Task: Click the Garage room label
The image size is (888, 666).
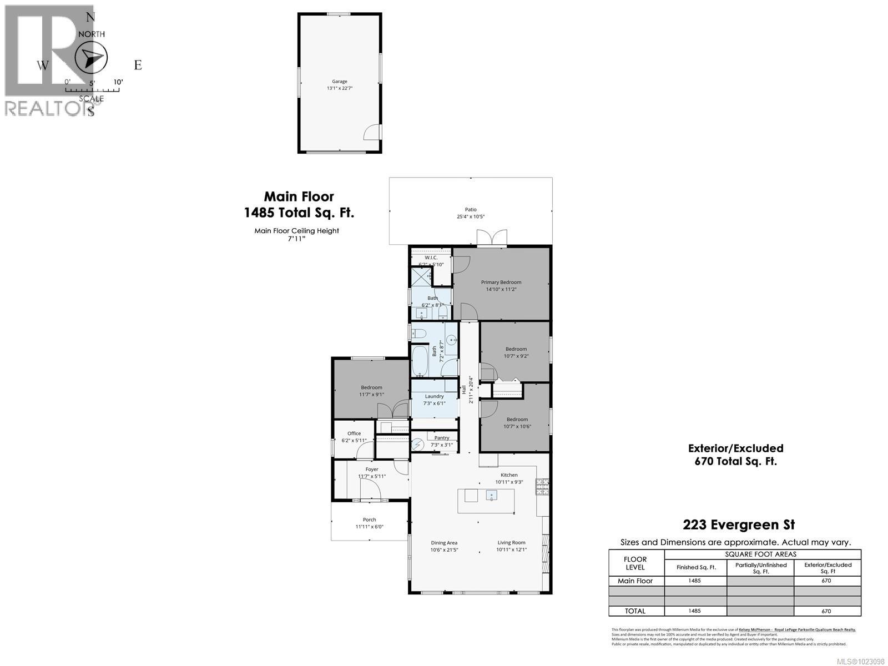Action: pos(340,82)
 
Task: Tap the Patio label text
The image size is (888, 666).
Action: pos(471,209)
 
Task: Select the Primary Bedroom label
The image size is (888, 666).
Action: pos(501,282)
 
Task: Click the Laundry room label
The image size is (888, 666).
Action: pos(435,396)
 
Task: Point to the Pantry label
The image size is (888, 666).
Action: pos(442,438)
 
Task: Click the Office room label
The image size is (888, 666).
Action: pos(354,433)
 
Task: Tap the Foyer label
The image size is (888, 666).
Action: pos(372,470)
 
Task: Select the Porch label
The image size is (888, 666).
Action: pos(370,520)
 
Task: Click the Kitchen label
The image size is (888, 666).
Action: pos(509,475)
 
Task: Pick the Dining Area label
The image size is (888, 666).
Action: pos(444,543)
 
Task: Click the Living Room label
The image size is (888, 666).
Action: pos(511,543)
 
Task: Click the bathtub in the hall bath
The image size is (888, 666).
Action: pos(419,361)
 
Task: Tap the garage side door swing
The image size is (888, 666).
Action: pos(371,132)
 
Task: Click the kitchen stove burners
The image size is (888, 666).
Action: pos(542,487)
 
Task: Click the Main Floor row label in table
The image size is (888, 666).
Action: pos(635,581)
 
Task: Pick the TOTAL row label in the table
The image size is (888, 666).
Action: pos(635,611)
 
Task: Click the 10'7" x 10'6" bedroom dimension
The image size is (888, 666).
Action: pos(516,426)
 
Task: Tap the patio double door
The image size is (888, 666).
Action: pos(492,238)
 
